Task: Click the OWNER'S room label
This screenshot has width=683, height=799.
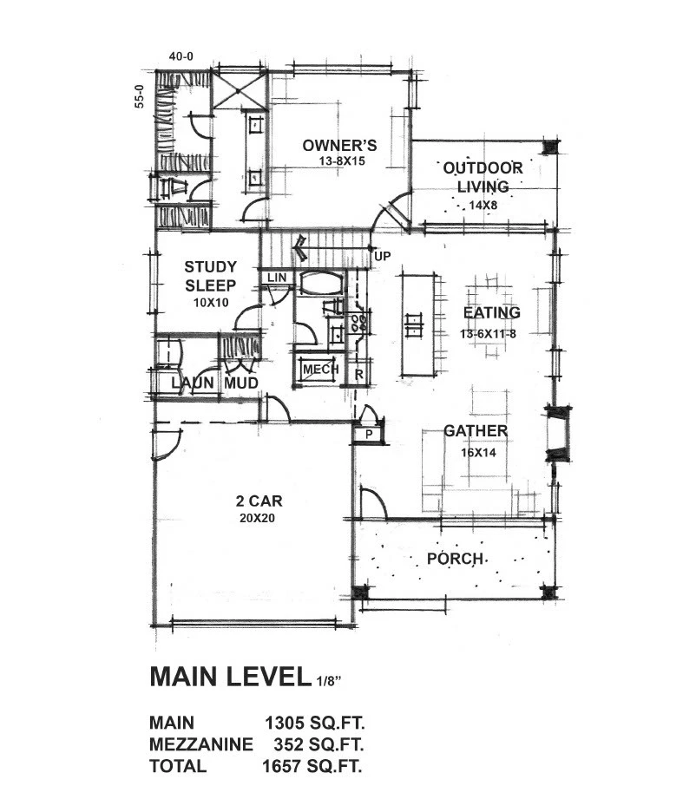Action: (339, 145)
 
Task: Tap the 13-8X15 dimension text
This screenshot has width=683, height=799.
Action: (342, 161)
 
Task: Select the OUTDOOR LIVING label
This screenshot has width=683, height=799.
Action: (483, 177)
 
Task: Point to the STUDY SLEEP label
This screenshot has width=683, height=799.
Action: (211, 276)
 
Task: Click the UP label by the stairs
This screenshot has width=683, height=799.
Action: (382, 256)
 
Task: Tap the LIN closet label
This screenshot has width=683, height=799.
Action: (277, 278)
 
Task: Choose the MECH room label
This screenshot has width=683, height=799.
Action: (320, 370)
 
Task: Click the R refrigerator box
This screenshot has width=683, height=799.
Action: (358, 374)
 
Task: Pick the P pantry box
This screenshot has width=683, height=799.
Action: (369, 435)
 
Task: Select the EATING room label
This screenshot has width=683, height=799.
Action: (492, 312)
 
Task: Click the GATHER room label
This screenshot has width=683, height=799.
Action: (476, 431)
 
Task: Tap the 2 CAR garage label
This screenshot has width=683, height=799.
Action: (259, 501)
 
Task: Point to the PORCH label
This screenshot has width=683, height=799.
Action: (455, 559)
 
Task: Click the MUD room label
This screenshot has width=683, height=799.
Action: (241, 383)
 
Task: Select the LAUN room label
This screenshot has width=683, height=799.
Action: (193, 383)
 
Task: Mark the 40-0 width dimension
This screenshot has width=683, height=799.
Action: (181, 56)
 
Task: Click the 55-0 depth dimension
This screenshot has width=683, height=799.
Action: (139, 95)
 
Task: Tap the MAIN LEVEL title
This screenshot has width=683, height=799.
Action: (230, 676)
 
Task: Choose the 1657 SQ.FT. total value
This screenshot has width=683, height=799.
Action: (312, 766)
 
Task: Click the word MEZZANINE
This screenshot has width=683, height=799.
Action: (200, 744)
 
